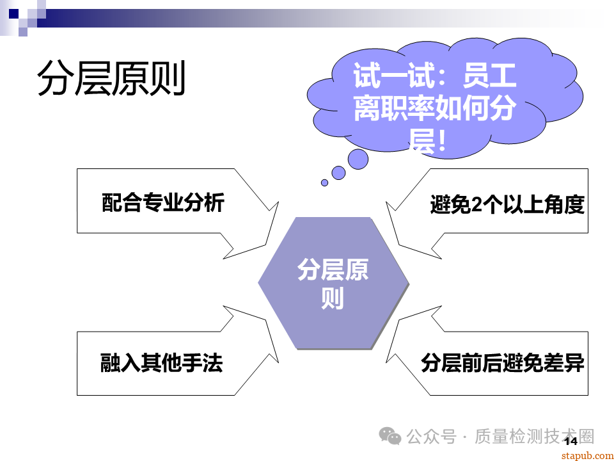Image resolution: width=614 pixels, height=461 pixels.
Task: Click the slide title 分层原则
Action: click(x=111, y=79)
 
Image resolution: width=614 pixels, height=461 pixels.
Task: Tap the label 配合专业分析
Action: click(x=163, y=203)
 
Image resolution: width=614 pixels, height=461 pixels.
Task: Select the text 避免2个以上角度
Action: click(x=507, y=204)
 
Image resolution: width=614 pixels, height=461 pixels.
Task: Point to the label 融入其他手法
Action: click(x=162, y=363)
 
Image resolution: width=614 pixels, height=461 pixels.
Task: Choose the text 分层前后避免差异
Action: click(x=502, y=363)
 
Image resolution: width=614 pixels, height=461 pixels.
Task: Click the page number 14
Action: click(x=570, y=441)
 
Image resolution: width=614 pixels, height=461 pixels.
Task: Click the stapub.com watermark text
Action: click(x=586, y=455)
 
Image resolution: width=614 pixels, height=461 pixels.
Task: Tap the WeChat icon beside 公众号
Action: click(x=390, y=436)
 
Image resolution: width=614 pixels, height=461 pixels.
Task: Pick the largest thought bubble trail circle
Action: click(x=358, y=159)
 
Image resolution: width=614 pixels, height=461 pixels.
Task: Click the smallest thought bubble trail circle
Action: click(x=324, y=182)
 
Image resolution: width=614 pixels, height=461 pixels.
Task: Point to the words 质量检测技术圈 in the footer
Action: click(x=535, y=437)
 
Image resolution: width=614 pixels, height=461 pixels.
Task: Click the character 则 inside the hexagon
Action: click(x=333, y=298)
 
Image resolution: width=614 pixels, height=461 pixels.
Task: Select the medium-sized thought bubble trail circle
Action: click(x=338, y=173)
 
